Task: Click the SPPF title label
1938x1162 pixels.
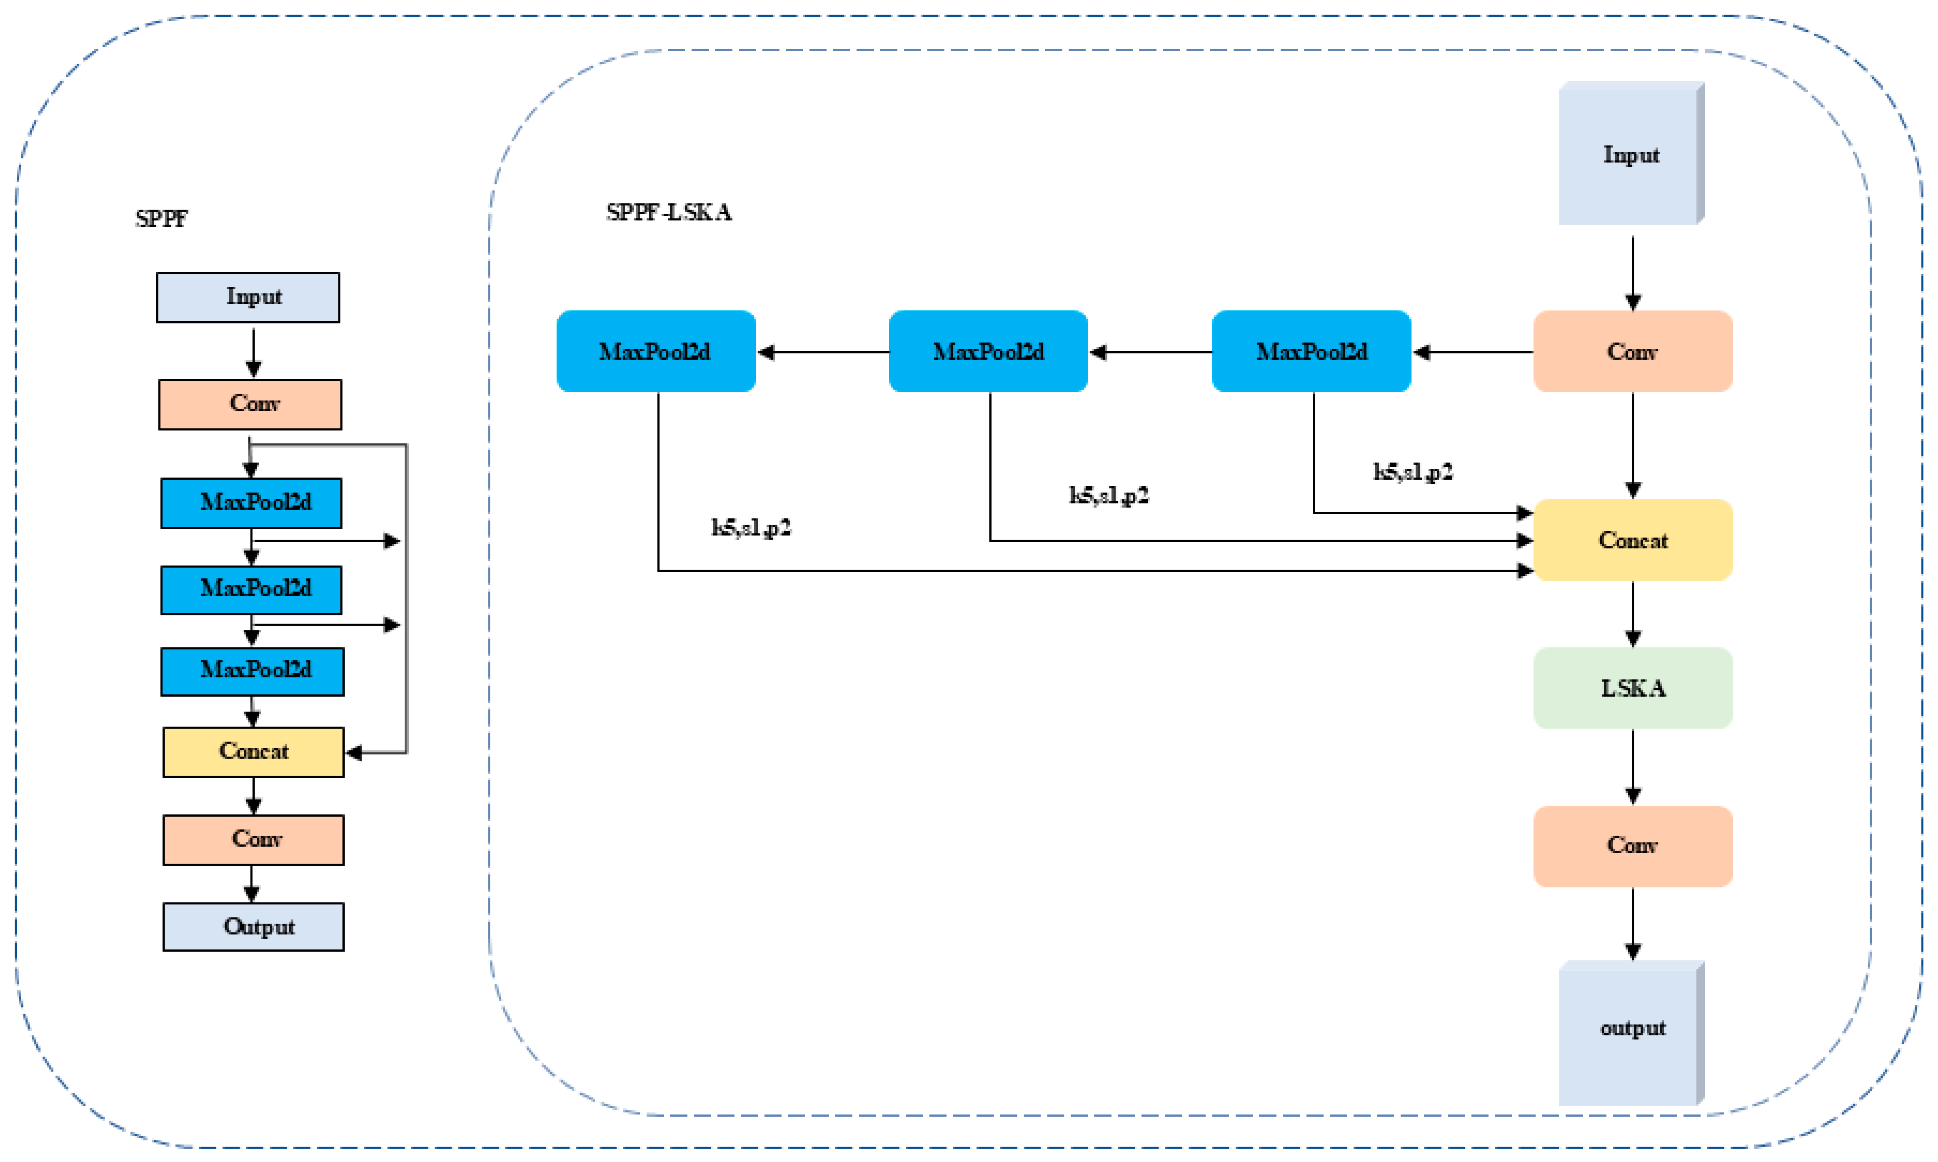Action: pyautogui.click(x=161, y=218)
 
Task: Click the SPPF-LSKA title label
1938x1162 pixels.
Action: pyautogui.click(x=670, y=212)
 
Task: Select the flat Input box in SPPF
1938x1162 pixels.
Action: pyautogui.click(x=248, y=297)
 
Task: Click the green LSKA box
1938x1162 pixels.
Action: pyautogui.click(x=1633, y=688)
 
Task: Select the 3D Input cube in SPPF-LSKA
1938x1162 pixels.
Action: pyautogui.click(x=1632, y=153)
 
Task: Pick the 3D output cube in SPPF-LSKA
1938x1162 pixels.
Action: pyautogui.click(x=1632, y=1033)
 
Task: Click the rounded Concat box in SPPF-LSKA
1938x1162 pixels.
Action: pyautogui.click(x=1633, y=540)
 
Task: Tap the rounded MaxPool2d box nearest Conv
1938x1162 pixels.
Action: pyautogui.click(x=1312, y=352)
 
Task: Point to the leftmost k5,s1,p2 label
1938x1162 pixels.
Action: pyautogui.click(x=751, y=528)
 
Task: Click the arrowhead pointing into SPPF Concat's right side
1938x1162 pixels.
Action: pyautogui.click(x=353, y=753)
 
